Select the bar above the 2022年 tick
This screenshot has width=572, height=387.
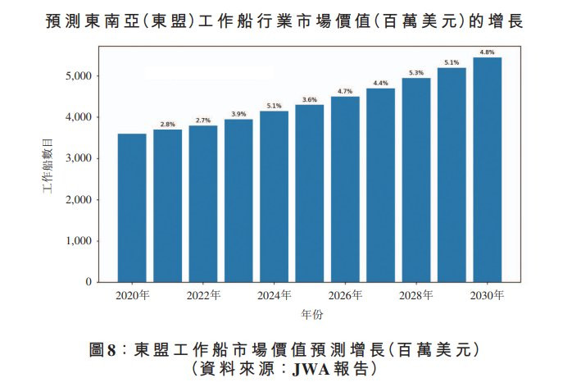[203, 204]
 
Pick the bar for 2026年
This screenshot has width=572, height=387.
[345, 189]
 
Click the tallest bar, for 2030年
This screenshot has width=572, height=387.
[487, 170]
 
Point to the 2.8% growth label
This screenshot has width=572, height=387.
[168, 124]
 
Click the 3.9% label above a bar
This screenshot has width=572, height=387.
[238, 114]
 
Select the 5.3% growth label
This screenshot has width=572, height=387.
[416, 73]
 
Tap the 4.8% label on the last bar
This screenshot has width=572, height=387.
[487, 52]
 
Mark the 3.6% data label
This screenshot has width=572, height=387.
[310, 100]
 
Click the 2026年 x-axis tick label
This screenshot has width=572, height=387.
[345, 295]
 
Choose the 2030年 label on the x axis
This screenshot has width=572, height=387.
[487, 295]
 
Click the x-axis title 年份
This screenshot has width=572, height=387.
[310, 315]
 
